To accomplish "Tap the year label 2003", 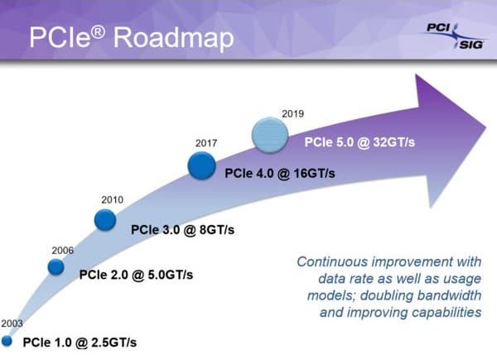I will click(12, 323).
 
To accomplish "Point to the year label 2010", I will click(112, 199).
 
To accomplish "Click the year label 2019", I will click(293, 112).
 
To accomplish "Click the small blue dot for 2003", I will click(7, 340).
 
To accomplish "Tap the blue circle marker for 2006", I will click(55, 267).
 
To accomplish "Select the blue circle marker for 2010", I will click(105, 219).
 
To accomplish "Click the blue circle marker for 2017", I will click(202, 166).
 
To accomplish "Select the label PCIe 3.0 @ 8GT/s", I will click(182, 228).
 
